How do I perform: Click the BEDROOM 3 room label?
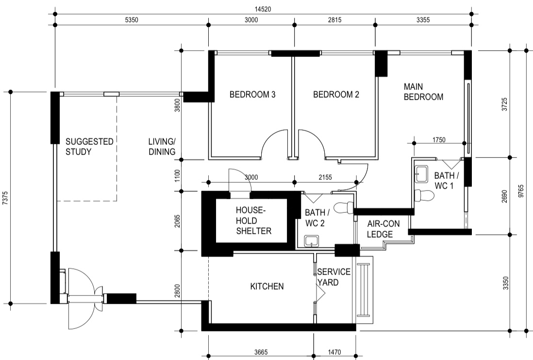(x=252, y=95)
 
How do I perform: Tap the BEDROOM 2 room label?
(x=336, y=95)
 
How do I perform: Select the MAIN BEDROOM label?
(x=423, y=91)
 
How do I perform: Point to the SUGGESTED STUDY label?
(x=89, y=146)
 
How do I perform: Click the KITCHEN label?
(x=266, y=287)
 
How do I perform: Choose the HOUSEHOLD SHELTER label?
(x=253, y=221)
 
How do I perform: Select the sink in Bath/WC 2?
(x=311, y=240)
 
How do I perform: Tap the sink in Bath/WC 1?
(x=421, y=173)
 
